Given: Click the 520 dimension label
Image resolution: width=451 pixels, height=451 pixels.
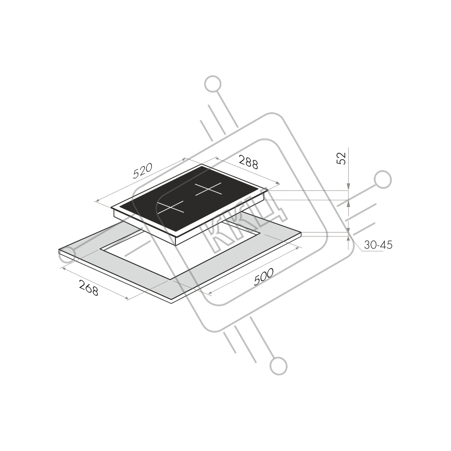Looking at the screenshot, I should (142, 171).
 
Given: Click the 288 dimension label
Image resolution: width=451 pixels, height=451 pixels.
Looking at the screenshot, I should (248, 162).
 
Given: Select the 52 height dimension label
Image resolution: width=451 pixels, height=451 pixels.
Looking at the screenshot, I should (341, 158).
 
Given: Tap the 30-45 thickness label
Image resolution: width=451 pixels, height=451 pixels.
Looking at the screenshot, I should (378, 245).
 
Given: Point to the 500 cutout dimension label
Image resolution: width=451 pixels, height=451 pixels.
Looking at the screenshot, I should (264, 278).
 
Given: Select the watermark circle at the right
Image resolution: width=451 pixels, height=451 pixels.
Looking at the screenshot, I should (382, 179).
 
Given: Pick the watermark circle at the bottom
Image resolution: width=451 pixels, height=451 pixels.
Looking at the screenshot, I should (279, 365).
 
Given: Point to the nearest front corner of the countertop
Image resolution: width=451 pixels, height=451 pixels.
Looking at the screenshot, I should (171, 300).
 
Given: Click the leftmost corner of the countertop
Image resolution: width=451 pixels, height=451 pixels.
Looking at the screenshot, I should (59, 250).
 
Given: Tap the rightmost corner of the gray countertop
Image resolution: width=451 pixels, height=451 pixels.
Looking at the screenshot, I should (301, 233).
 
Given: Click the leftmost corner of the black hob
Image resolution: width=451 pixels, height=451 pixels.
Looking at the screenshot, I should (111, 207).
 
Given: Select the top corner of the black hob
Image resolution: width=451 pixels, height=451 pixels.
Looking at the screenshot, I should (202, 165).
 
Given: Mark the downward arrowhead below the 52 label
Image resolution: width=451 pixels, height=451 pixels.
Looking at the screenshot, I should (348, 188).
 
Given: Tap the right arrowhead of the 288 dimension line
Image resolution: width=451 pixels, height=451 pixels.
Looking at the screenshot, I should (278, 182).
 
